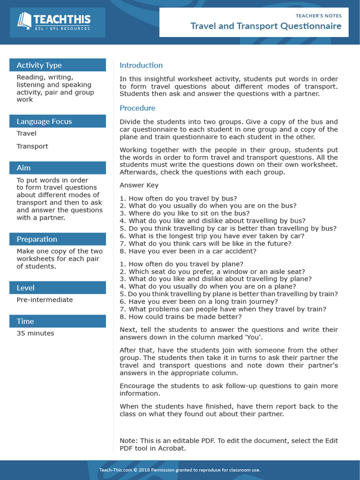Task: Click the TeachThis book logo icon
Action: [x=24, y=21]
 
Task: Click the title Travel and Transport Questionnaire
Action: [x=266, y=26]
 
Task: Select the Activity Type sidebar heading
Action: [x=39, y=65]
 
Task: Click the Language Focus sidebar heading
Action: [x=44, y=121]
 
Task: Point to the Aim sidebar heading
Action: [x=23, y=168]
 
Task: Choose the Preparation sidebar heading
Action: [x=37, y=239]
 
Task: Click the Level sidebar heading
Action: [x=25, y=288]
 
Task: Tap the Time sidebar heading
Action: [x=25, y=321]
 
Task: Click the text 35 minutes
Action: [x=35, y=333]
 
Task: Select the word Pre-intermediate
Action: [x=45, y=300]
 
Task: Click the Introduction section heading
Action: [x=141, y=65]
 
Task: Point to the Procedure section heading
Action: [x=137, y=108]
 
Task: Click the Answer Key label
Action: [x=139, y=185]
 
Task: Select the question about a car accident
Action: [x=188, y=251]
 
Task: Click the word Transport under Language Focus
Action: [x=32, y=146]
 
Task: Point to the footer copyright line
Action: [x=180, y=470]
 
